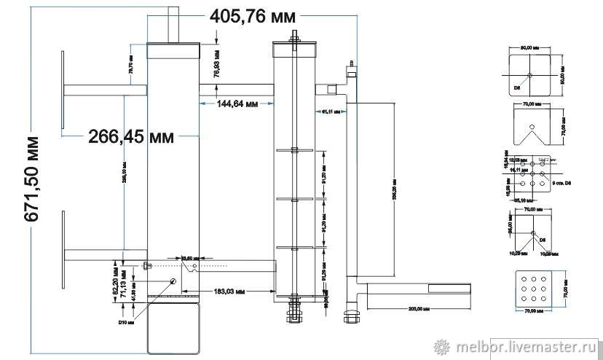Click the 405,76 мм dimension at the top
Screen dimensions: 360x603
(253, 16)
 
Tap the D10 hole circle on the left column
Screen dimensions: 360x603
(173, 281)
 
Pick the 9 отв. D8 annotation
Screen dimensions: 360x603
(563, 183)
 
